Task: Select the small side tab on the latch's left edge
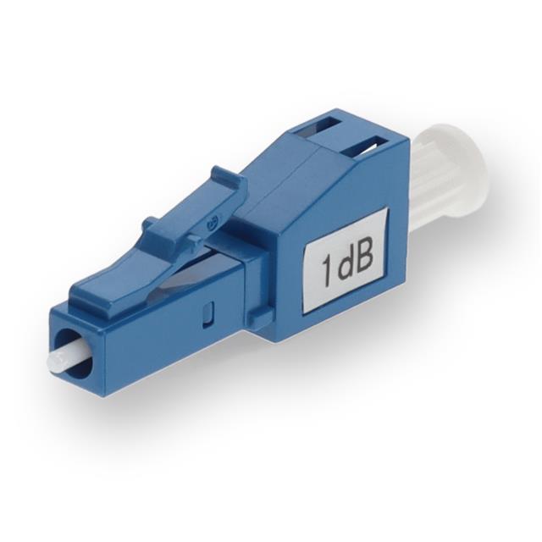(151, 224)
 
